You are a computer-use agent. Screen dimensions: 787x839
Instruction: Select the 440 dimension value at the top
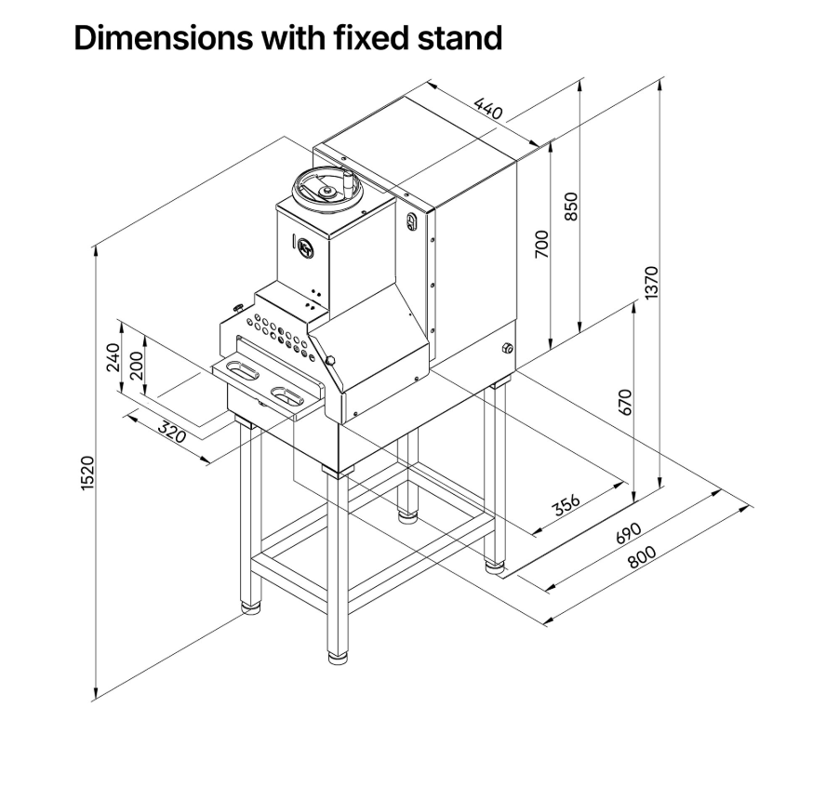487,109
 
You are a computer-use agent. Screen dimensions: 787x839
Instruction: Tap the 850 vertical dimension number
572,207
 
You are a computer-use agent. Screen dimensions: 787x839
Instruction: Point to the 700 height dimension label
542,243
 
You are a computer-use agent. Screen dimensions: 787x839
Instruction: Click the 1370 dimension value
650,283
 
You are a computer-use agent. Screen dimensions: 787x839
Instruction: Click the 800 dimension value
641,556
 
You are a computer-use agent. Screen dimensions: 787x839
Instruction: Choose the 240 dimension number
113,356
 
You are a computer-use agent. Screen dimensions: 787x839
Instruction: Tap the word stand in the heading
455,38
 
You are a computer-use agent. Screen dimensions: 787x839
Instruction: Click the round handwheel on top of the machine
326,189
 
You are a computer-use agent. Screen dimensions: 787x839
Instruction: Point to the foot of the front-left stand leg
250,609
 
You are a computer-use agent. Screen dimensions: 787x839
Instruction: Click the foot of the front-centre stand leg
339,659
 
